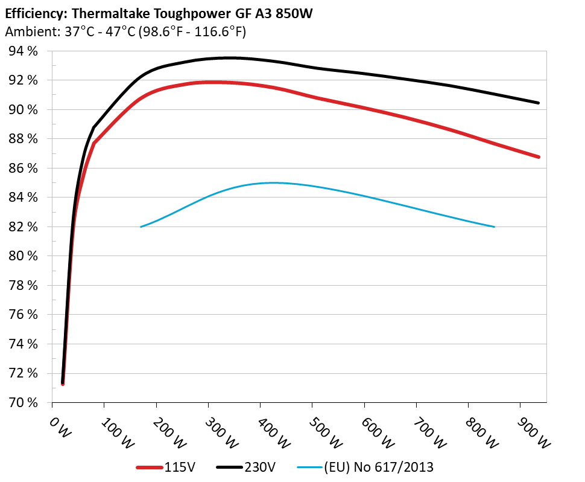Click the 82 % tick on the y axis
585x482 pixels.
click(x=24, y=227)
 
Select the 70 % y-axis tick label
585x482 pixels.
click(x=24, y=402)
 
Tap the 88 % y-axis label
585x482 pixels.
click(x=24, y=139)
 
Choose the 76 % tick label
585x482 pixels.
click(x=24, y=315)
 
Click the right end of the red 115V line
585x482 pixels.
click(x=538, y=157)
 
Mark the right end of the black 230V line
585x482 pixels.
click(x=538, y=103)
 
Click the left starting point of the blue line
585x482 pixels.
click(x=141, y=227)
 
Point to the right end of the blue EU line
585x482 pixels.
click(x=494, y=227)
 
